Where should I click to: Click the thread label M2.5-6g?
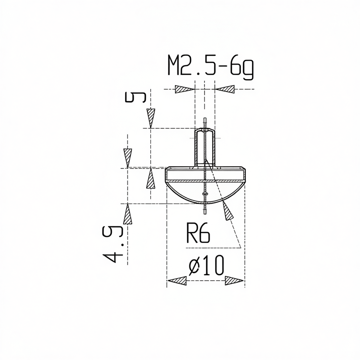pyautogui.click(x=210, y=67)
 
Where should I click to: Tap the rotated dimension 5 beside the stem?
pyautogui.click(x=135, y=97)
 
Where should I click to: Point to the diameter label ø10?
pyautogui.click(x=206, y=265)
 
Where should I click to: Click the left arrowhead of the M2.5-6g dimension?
pyautogui.click(x=185, y=89)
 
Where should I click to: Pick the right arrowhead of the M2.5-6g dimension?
pyautogui.click(x=225, y=89)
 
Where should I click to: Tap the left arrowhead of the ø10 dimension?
pyautogui.click(x=177, y=280)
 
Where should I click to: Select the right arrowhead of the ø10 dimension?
pyautogui.click(x=234, y=280)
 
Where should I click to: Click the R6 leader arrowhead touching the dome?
pyautogui.click(x=227, y=211)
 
